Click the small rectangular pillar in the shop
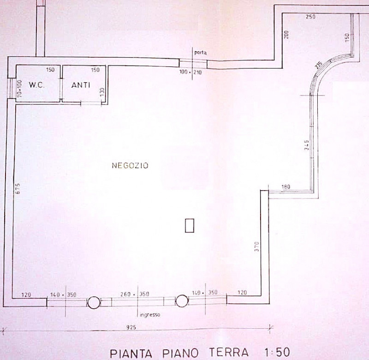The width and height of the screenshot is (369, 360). pyautogui.click(x=189, y=226)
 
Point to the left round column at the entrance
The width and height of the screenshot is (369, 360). pyautogui.click(x=94, y=302)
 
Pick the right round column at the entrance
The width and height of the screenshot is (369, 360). pyautogui.click(x=182, y=301)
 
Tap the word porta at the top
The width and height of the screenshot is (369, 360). pyautogui.click(x=200, y=53)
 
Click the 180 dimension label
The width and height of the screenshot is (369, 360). pyautogui.click(x=286, y=186)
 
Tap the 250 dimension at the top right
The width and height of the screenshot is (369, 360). pyautogui.click(x=310, y=17)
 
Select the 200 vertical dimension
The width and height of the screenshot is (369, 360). pyautogui.click(x=286, y=34)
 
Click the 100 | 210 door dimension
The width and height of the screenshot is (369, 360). pyautogui.click(x=190, y=72)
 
